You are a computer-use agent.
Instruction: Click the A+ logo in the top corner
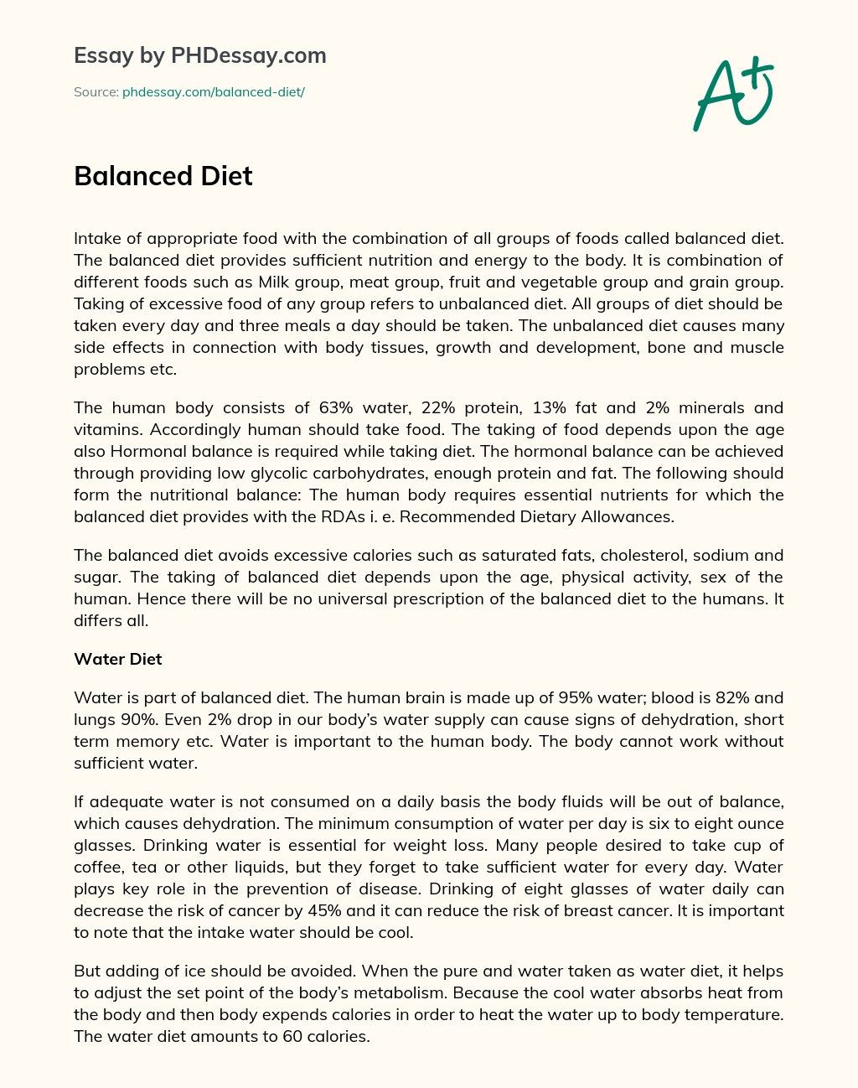tap(733, 94)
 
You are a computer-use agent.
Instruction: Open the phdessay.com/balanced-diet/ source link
tap(213, 92)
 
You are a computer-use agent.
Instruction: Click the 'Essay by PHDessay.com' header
tap(200, 56)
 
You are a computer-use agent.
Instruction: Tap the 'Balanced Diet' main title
tap(163, 176)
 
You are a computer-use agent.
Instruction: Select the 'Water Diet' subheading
tap(118, 659)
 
